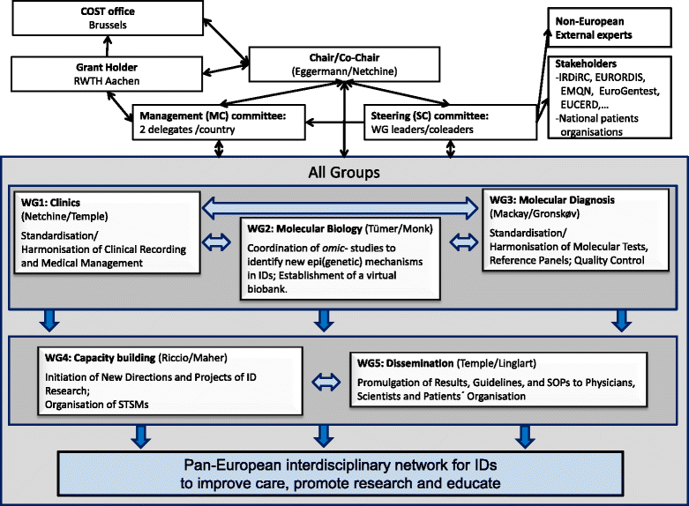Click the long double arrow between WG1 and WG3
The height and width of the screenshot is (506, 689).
pos(345,208)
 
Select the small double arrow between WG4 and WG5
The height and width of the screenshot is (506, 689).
pos(327,382)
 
